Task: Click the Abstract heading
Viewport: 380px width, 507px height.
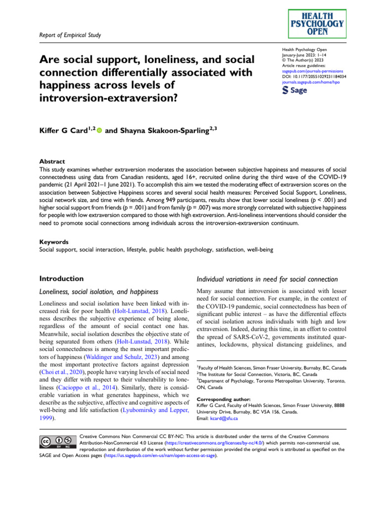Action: pyautogui.click(x=52, y=161)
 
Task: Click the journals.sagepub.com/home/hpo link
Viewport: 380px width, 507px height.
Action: pyautogui.click(x=310, y=82)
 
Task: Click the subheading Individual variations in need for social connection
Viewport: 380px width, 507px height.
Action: pyautogui.click(x=267, y=280)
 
